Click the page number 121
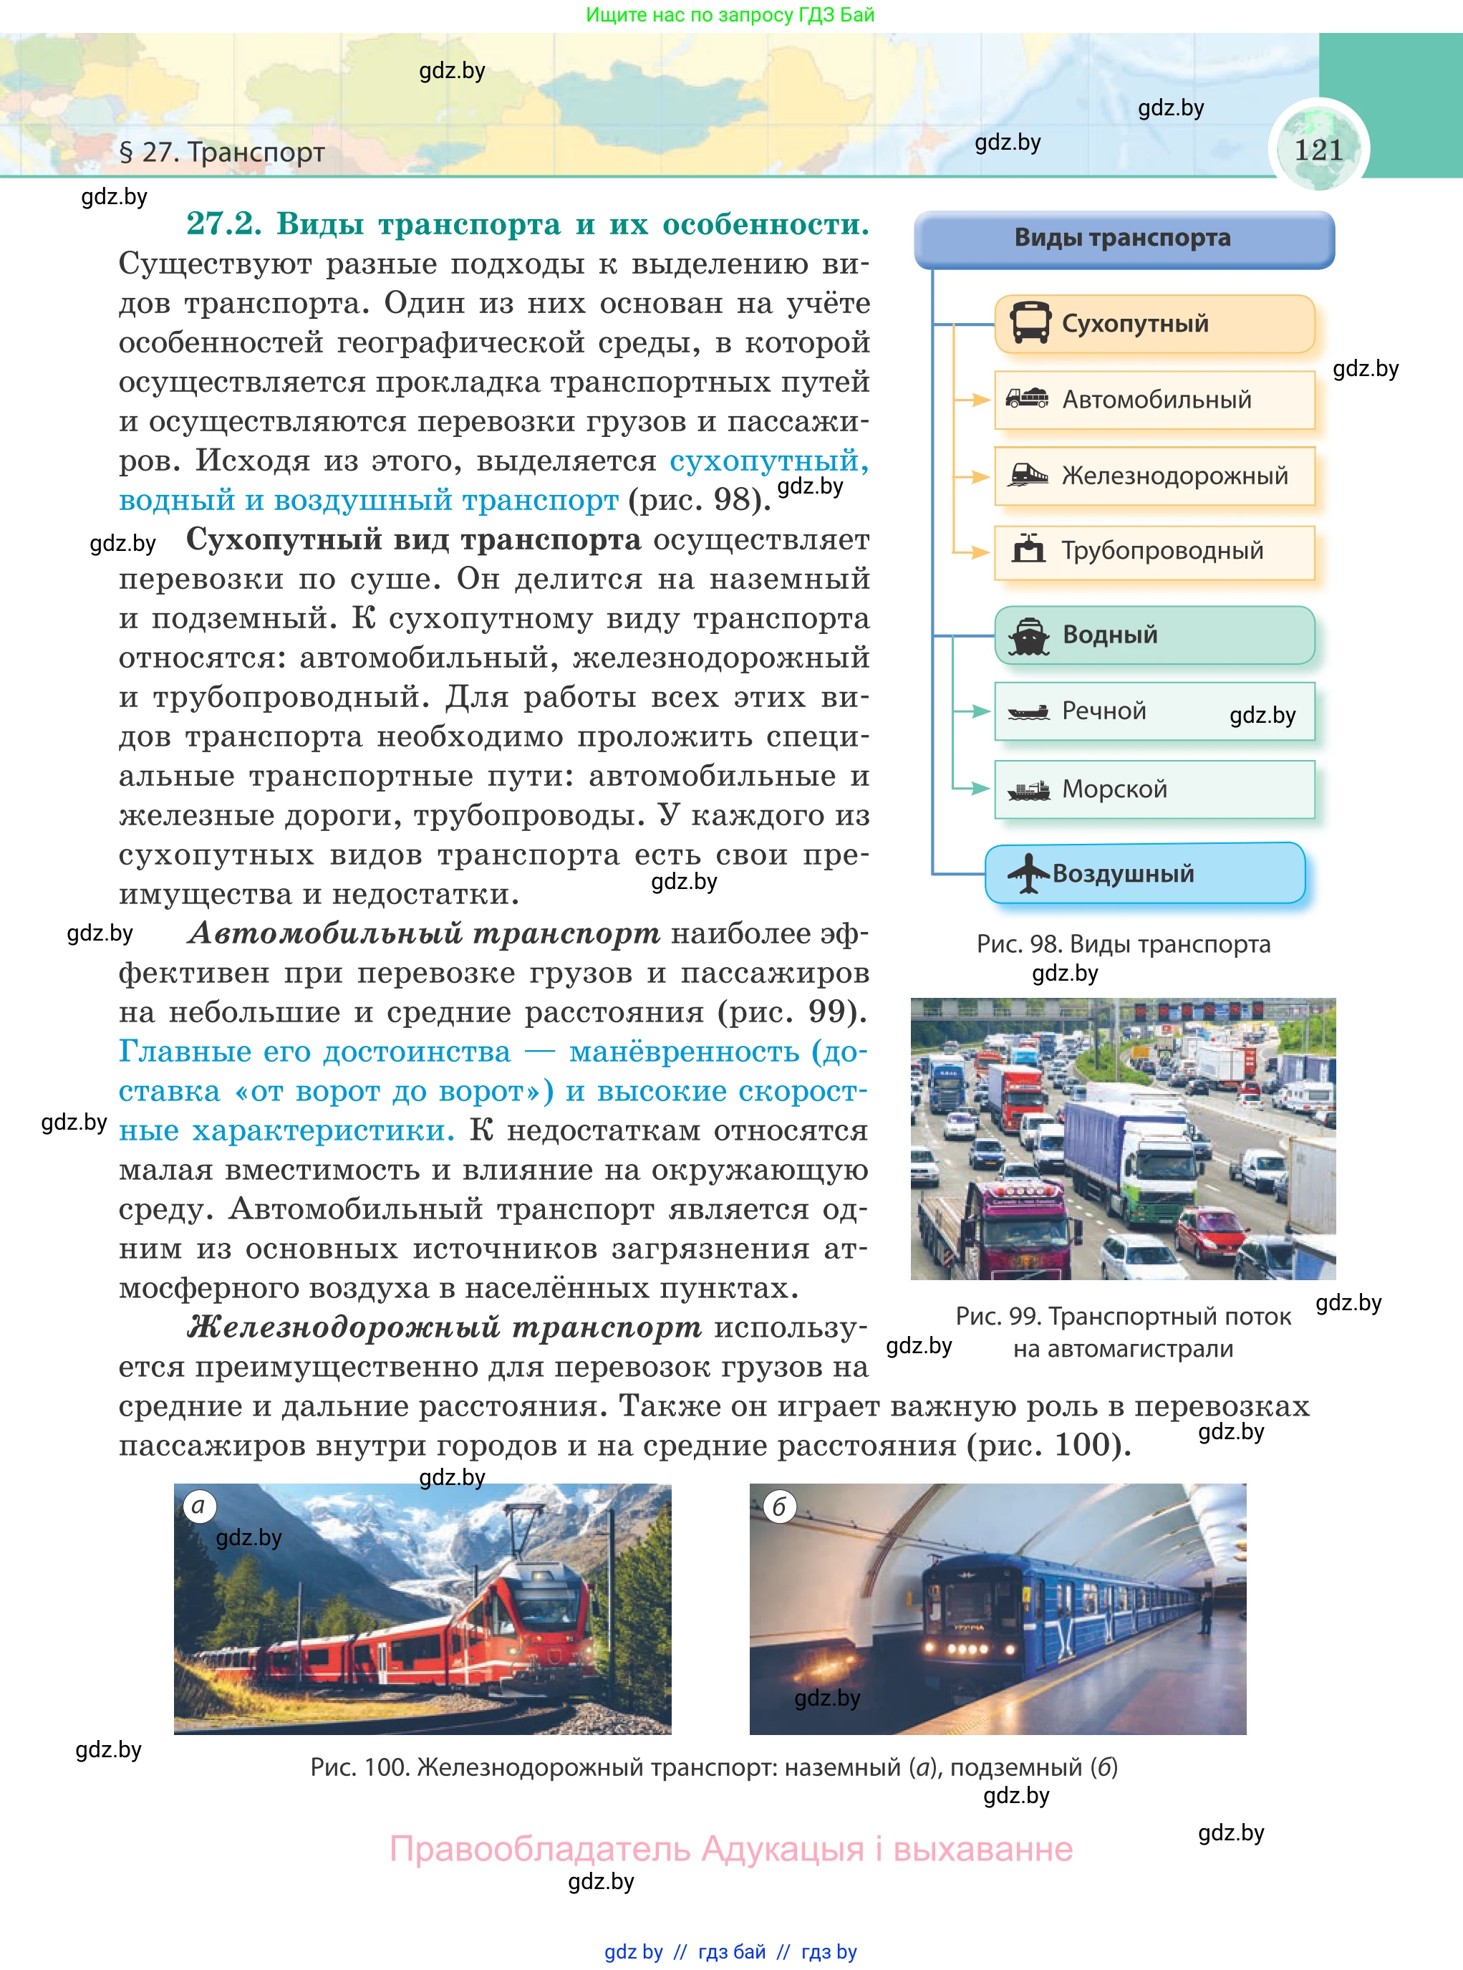click(x=1318, y=150)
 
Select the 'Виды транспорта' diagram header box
click(x=1123, y=239)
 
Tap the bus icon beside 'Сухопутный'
click(x=1030, y=322)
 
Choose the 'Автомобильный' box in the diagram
click(x=1154, y=400)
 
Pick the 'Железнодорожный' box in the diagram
click(x=1154, y=476)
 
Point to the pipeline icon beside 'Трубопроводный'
click(x=1028, y=550)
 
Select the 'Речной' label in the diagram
click(x=1104, y=711)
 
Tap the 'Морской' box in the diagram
click(x=1154, y=788)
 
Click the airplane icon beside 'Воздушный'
click(x=1028, y=873)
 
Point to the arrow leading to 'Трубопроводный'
click(x=973, y=552)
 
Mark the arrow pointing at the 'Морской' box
click(x=973, y=788)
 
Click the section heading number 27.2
click(x=223, y=224)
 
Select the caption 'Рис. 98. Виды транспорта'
click(x=1123, y=944)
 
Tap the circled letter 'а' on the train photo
click(x=199, y=1506)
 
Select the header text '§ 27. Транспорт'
click(x=221, y=153)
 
